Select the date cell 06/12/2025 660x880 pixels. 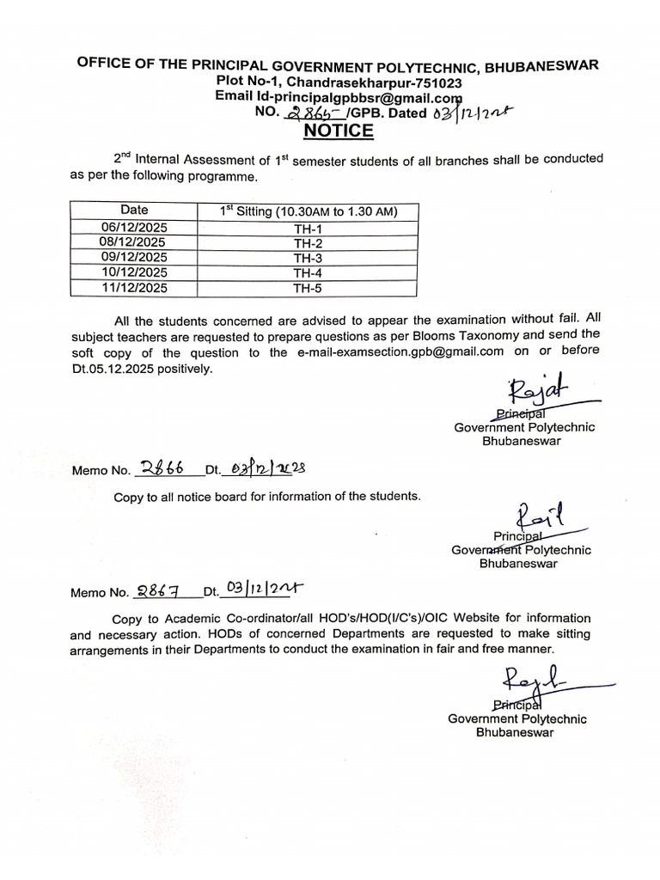(x=134, y=227)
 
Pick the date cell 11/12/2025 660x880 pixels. (x=134, y=289)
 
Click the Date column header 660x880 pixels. (x=134, y=211)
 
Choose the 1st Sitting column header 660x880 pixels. (x=308, y=211)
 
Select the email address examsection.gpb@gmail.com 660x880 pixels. (x=388, y=351)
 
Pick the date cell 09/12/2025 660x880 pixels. (x=134, y=258)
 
